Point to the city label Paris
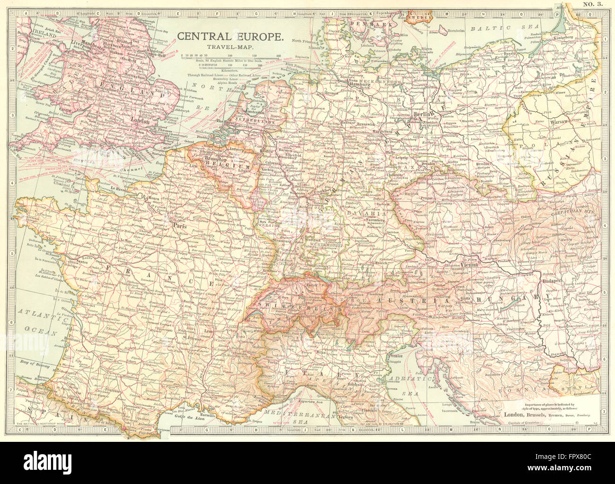coord(179,225)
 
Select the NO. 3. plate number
coord(591,5)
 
